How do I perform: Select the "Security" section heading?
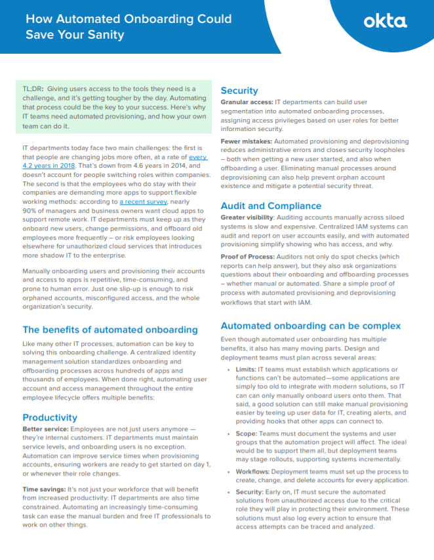pos(239,90)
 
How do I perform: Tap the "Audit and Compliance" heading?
pos(271,205)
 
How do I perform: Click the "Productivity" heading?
pos(50,417)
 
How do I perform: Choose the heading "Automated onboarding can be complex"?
pos(310,326)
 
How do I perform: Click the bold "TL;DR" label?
pos(33,88)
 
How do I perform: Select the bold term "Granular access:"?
pos(247,103)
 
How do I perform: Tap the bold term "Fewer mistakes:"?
pos(245,141)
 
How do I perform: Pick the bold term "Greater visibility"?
pos(248,217)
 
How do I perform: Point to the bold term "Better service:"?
pos(46,430)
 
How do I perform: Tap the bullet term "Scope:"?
pos(247,433)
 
